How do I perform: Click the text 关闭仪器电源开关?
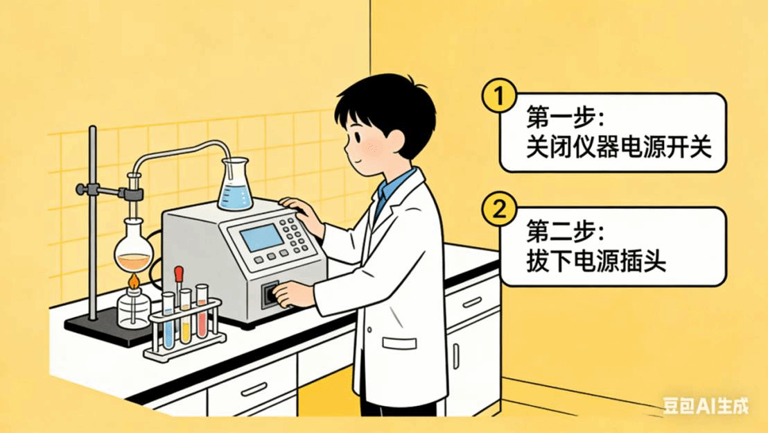tap(618, 147)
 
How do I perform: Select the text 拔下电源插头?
tap(596, 260)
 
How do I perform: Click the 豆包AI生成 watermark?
tap(706, 406)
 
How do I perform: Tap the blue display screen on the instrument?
tap(261, 237)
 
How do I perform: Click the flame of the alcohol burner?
tap(133, 281)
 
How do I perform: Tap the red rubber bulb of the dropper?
tap(179, 273)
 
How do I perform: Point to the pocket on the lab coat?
tap(399, 342)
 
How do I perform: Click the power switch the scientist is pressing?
tap(270, 294)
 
